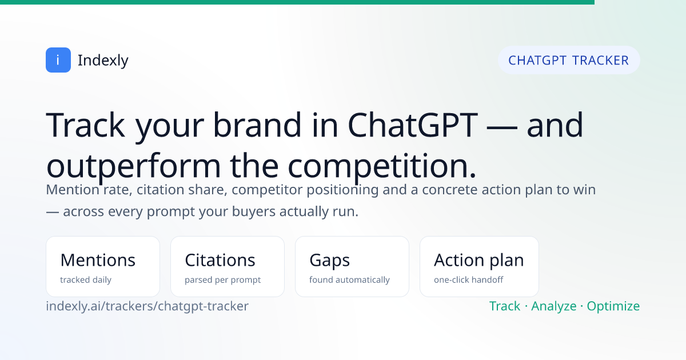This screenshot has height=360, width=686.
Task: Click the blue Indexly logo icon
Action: (x=58, y=60)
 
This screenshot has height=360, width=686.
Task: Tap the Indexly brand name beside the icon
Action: (x=103, y=61)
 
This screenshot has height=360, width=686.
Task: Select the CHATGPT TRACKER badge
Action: (x=569, y=60)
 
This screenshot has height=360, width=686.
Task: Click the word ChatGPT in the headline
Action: (x=413, y=125)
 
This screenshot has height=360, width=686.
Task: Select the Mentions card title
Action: (x=98, y=260)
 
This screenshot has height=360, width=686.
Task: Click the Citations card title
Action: (x=220, y=260)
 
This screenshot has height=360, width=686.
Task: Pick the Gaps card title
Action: (x=329, y=261)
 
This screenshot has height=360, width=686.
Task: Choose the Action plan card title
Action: (x=479, y=261)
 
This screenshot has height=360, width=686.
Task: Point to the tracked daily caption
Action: (x=86, y=280)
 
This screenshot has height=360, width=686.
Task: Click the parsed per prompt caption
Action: (x=222, y=280)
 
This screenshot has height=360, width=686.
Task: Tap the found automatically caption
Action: (x=349, y=280)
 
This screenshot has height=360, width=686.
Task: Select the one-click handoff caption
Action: (x=469, y=280)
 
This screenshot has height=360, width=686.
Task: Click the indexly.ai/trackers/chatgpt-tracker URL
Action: (x=147, y=306)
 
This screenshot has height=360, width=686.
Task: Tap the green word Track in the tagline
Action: (x=505, y=306)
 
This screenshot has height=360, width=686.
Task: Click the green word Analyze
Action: (x=554, y=306)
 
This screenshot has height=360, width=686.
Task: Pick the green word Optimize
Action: (x=613, y=306)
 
